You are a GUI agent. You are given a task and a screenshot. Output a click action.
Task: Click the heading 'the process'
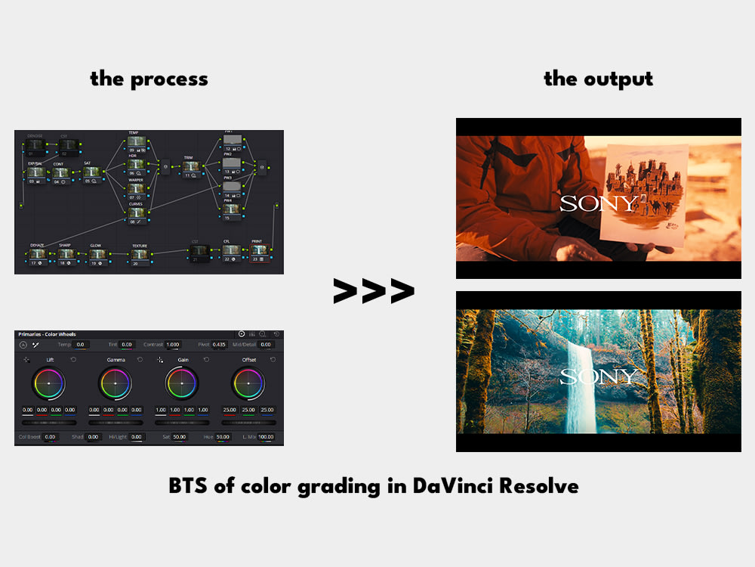(149, 79)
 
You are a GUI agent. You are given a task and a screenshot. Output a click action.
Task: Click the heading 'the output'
(599, 79)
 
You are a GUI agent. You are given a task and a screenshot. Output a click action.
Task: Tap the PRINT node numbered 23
(258, 251)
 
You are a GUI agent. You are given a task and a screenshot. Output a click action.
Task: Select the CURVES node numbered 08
(136, 214)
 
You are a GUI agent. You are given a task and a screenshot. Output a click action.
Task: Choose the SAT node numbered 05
(92, 172)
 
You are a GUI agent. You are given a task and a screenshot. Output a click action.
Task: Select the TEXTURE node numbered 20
(140, 256)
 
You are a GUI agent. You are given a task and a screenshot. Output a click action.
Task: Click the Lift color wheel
(48, 384)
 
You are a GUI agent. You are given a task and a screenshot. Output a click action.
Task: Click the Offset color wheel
(248, 384)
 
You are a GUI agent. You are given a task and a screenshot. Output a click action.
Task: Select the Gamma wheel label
(116, 360)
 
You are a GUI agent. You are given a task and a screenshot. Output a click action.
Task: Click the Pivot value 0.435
(219, 344)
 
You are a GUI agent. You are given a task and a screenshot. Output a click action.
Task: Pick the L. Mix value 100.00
(265, 437)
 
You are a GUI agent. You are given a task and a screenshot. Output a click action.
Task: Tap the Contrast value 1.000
(173, 344)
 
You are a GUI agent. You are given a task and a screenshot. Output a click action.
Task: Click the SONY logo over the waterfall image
(599, 376)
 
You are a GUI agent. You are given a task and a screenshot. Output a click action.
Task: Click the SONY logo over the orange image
(599, 203)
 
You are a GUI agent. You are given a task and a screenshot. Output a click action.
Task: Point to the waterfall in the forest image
(582, 386)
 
